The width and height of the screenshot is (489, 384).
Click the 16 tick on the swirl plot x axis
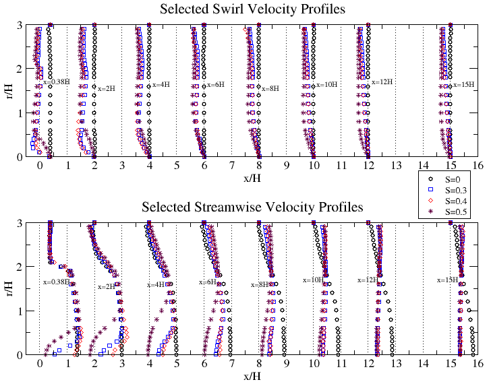click(478, 164)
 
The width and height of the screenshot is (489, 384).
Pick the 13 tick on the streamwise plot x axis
click(395, 362)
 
